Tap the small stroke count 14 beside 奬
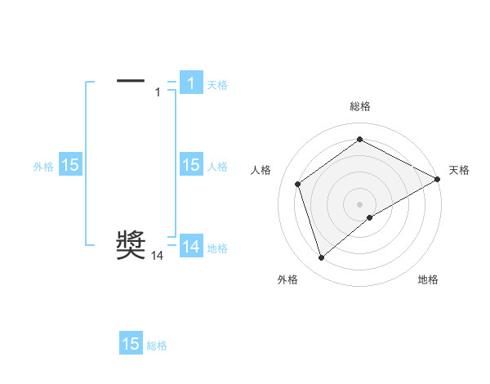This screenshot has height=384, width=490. click(x=158, y=257)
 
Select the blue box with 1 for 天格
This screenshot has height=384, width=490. click(x=190, y=83)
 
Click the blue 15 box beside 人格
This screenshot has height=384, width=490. click(x=190, y=165)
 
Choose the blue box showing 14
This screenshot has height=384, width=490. click(x=190, y=247)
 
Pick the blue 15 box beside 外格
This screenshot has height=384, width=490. click(x=69, y=165)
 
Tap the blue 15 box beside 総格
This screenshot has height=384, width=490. click(x=131, y=344)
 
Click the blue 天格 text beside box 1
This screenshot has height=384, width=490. click(x=217, y=84)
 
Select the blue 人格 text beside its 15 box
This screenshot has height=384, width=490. click(x=217, y=166)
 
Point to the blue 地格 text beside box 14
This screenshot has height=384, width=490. click(x=217, y=248)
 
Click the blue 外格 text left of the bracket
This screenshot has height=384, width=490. click(x=43, y=166)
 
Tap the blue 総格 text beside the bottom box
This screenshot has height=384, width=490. click(x=157, y=345)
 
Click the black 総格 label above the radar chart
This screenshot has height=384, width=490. click(x=360, y=106)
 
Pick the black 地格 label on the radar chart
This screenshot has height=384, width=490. click(x=428, y=279)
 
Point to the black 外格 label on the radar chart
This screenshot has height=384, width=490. click(x=287, y=279)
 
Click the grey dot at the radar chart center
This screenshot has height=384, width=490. click(x=359, y=203)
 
